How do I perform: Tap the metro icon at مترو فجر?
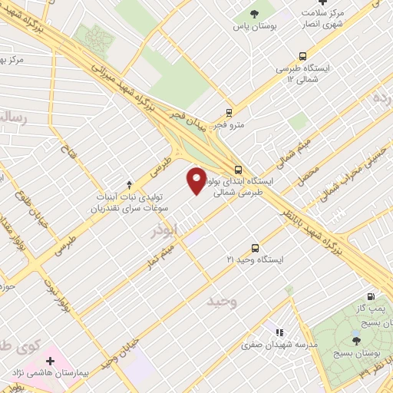tap(229, 112)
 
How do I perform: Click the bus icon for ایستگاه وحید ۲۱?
tap(255, 248)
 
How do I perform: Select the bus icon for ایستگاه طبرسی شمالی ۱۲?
tap(303, 55)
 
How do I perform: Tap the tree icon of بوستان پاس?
tap(255, 14)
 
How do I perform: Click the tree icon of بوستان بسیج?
tap(356, 341)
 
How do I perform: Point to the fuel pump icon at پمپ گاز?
tap(372, 296)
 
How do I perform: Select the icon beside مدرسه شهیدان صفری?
tap(280, 332)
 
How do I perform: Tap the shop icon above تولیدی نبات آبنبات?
tap(128, 184)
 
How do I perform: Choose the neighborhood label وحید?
tap(223, 301)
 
